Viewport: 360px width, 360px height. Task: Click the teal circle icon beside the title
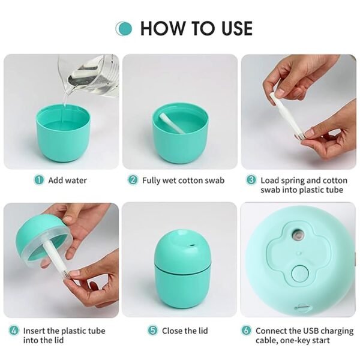(x=124, y=28)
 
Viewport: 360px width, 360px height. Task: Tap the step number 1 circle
(x=39, y=180)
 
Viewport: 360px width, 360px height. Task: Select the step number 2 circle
(x=133, y=180)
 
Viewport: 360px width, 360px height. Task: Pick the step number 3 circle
(x=251, y=180)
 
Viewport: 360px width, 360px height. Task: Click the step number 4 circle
(x=13, y=331)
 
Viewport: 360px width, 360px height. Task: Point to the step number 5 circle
(x=153, y=331)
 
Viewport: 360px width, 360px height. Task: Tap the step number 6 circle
(x=246, y=331)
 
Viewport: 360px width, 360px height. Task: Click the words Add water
(x=67, y=180)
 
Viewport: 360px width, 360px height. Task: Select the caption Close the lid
(x=185, y=331)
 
